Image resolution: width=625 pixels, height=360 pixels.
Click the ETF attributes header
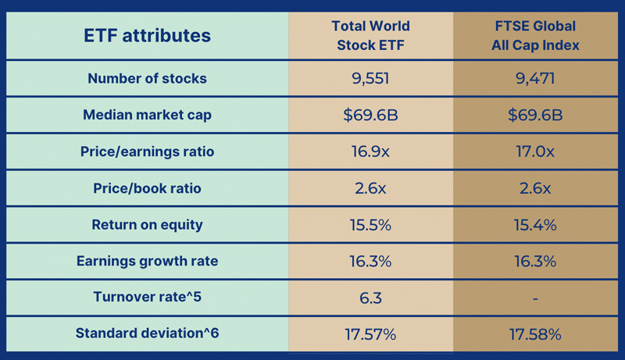(147, 35)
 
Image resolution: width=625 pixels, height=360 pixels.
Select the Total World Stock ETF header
(370, 35)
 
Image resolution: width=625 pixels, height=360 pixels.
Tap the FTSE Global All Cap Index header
(535, 35)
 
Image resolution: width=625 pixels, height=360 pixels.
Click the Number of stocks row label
(147, 78)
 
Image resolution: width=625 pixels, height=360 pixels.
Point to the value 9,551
(370, 78)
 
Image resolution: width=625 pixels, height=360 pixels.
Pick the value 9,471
(535, 78)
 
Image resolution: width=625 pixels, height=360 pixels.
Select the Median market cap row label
(147, 115)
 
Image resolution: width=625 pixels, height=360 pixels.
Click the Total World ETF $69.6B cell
(370, 115)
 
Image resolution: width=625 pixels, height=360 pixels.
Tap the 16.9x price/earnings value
(370, 151)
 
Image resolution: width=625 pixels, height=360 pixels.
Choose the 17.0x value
(535, 151)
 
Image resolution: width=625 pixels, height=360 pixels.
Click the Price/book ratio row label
(147, 188)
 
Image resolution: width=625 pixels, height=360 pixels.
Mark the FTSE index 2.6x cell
(535, 188)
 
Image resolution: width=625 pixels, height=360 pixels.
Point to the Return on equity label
(147, 225)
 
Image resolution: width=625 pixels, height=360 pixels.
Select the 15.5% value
(370, 225)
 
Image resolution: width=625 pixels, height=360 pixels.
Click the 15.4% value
(535, 225)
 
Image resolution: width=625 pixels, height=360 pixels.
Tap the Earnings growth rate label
(147, 261)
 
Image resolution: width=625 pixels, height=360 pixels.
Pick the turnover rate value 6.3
(370, 298)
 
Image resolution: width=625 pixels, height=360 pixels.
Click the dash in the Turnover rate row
(535, 298)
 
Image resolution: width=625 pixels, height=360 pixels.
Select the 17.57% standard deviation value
(370, 334)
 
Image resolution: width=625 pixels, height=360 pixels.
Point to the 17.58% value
(535, 334)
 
